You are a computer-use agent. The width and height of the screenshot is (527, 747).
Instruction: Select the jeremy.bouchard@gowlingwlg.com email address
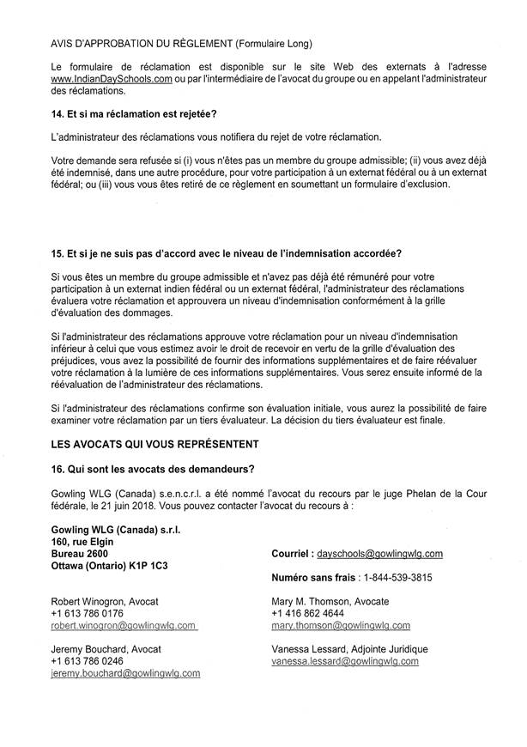[x=125, y=674]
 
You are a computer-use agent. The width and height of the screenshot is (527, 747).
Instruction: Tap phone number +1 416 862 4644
[x=308, y=614]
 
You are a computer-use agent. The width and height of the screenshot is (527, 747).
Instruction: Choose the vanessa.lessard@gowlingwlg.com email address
[x=344, y=662]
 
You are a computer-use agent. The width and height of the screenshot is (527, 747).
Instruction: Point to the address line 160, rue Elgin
[x=82, y=543]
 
